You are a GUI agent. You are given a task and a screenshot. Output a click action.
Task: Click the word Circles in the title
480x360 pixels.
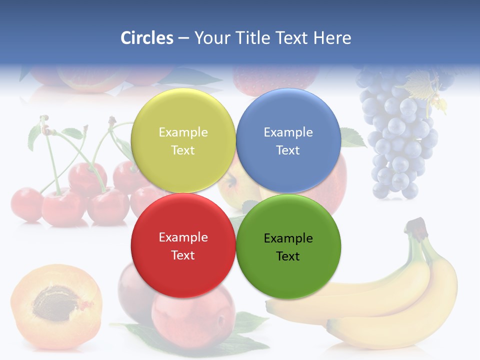click(x=146, y=38)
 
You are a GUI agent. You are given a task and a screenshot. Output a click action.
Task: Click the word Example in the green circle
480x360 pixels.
click(x=288, y=238)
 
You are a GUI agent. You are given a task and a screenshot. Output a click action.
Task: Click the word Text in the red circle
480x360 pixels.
click(x=183, y=255)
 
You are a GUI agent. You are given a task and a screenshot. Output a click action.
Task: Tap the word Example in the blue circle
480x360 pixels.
click(x=288, y=132)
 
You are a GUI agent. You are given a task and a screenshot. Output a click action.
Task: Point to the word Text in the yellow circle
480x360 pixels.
click(x=183, y=150)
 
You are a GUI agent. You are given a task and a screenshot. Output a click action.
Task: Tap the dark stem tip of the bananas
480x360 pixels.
click(x=416, y=226)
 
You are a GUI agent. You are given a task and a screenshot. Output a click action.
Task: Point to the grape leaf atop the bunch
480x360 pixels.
click(x=423, y=85)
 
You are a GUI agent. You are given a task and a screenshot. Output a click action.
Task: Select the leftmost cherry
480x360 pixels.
click(x=26, y=204)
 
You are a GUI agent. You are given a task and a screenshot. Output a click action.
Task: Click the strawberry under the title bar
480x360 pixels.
click(x=275, y=80)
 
